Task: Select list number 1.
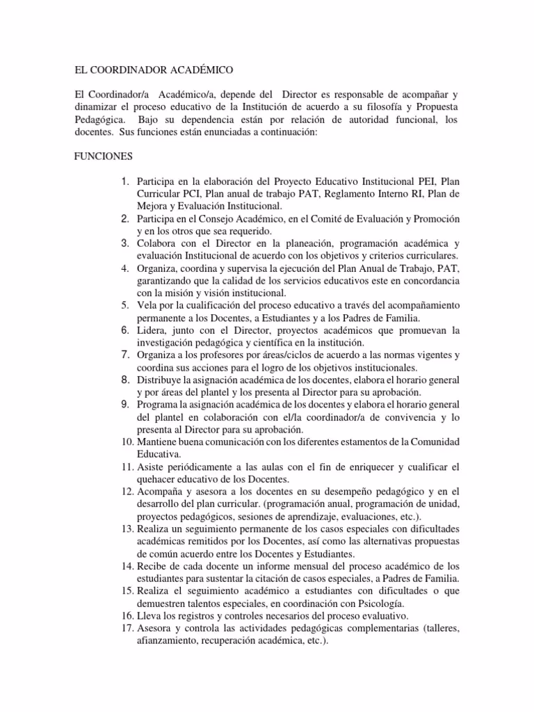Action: [x=124, y=181]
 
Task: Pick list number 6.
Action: [x=124, y=330]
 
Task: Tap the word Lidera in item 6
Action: [x=152, y=330]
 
